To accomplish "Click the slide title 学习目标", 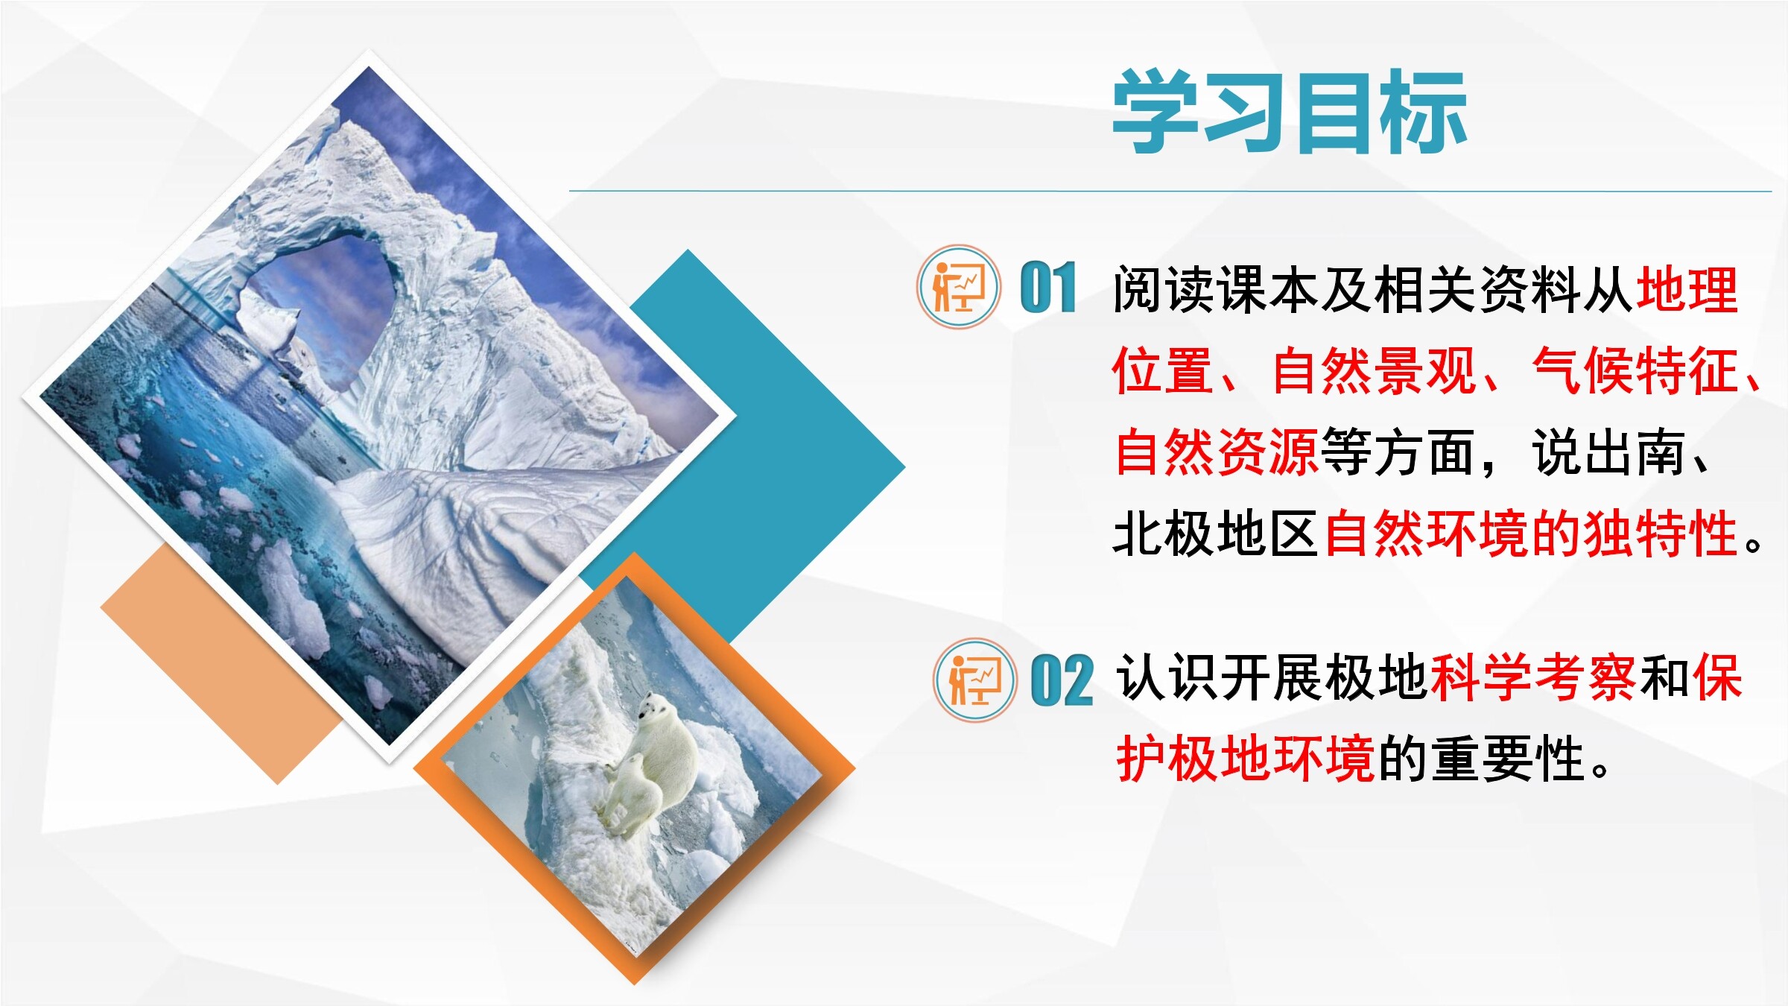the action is [x=1290, y=112].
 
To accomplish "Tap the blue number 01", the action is [x=1048, y=288].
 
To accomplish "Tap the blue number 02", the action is [x=1062, y=680].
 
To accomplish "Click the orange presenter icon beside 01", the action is [x=958, y=287].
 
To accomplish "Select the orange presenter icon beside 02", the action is [x=974, y=680].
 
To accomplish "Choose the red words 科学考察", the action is [x=1533, y=677].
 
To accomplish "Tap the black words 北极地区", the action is [x=1217, y=534].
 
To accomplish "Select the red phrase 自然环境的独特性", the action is [x=1531, y=534].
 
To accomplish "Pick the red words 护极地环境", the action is [x=1246, y=759].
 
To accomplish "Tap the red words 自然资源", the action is [x=1217, y=452].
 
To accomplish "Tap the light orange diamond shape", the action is [x=223, y=663].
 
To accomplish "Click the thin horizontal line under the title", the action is [x=1170, y=191].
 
